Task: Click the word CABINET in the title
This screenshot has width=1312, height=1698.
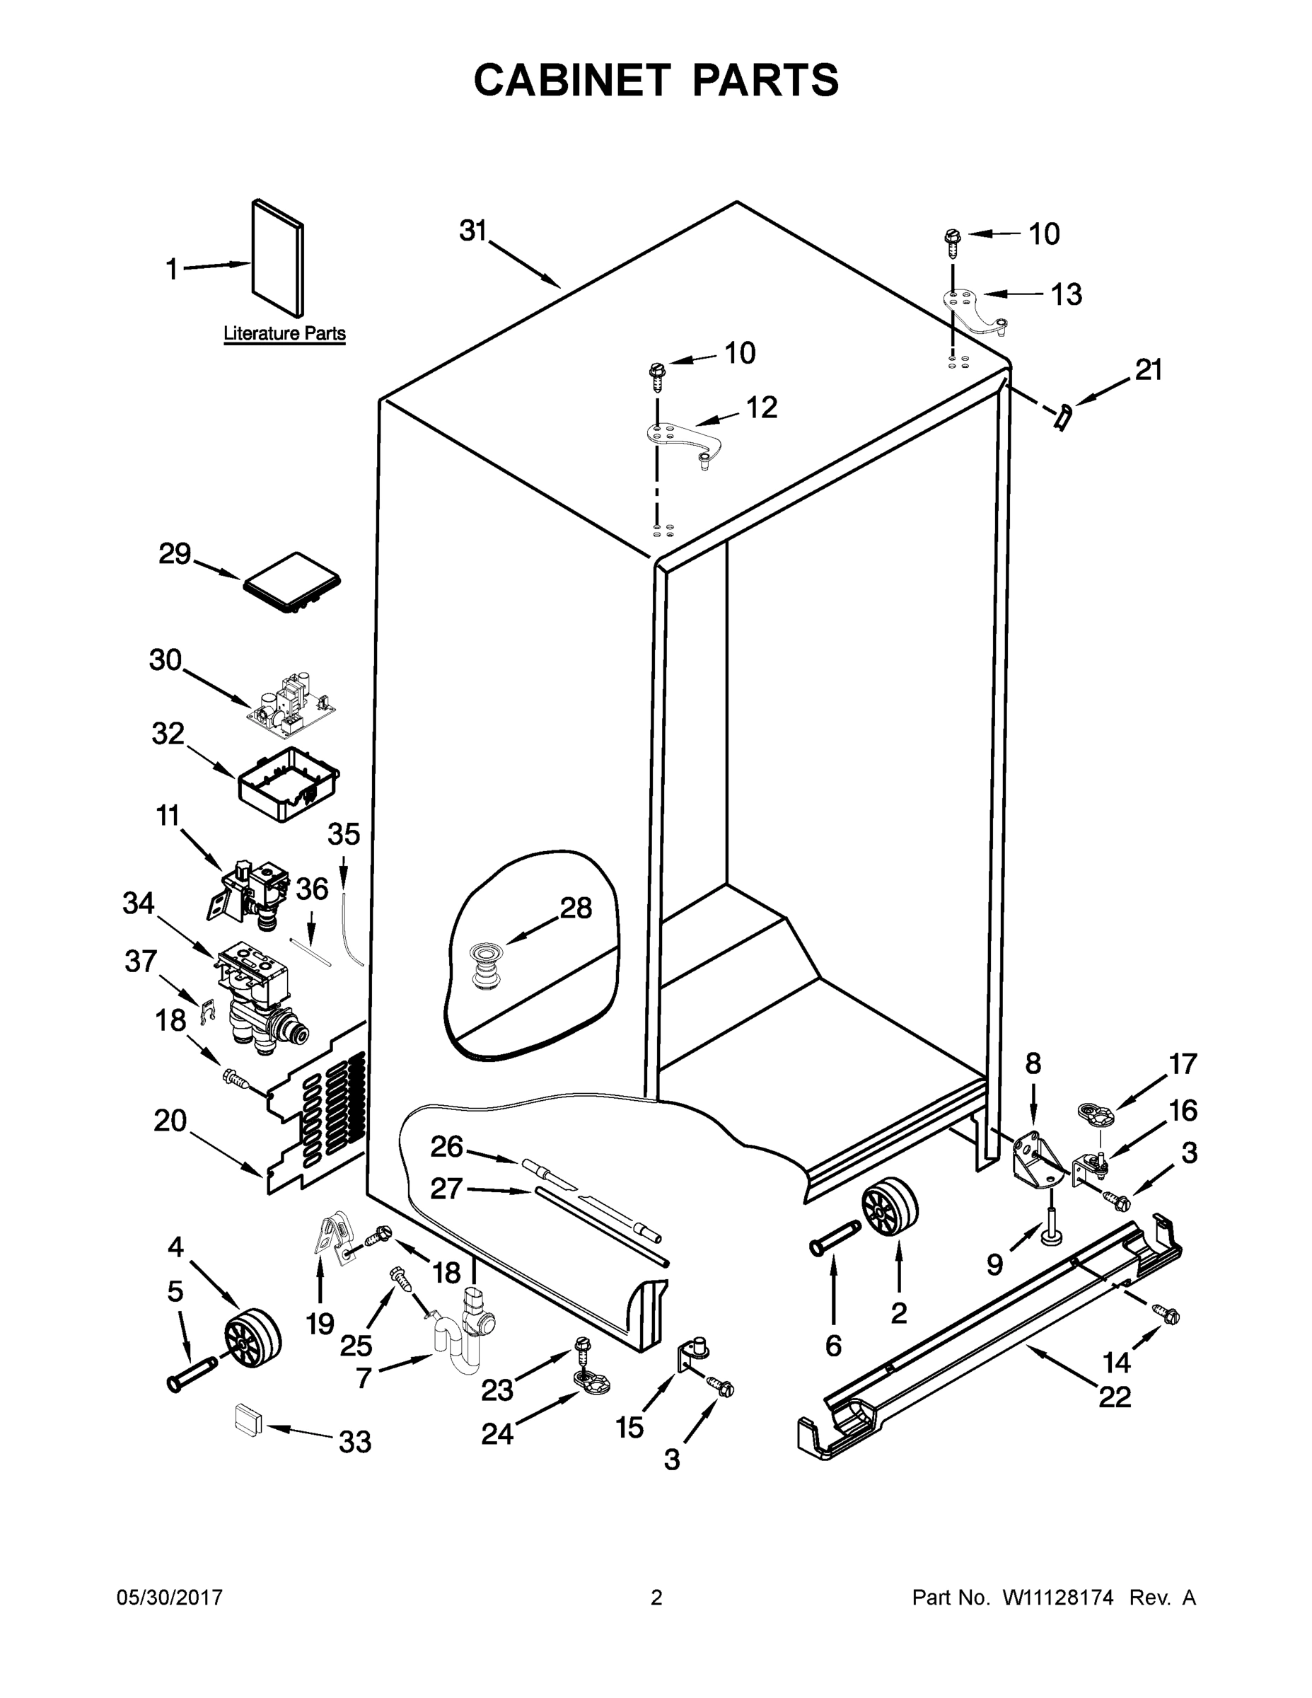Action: (572, 80)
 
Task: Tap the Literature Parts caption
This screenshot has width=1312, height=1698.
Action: (284, 333)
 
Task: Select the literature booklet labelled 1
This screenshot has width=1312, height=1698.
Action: (277, 258)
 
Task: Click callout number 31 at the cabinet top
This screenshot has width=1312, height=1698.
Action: (472, 231)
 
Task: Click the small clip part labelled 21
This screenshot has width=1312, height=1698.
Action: (1063, 416)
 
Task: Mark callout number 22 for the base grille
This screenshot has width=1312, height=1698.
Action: (1115, 1397)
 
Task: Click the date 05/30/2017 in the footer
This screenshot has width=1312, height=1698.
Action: (170, 1598)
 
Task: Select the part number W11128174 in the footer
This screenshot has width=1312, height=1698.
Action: (1058, 1598)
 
